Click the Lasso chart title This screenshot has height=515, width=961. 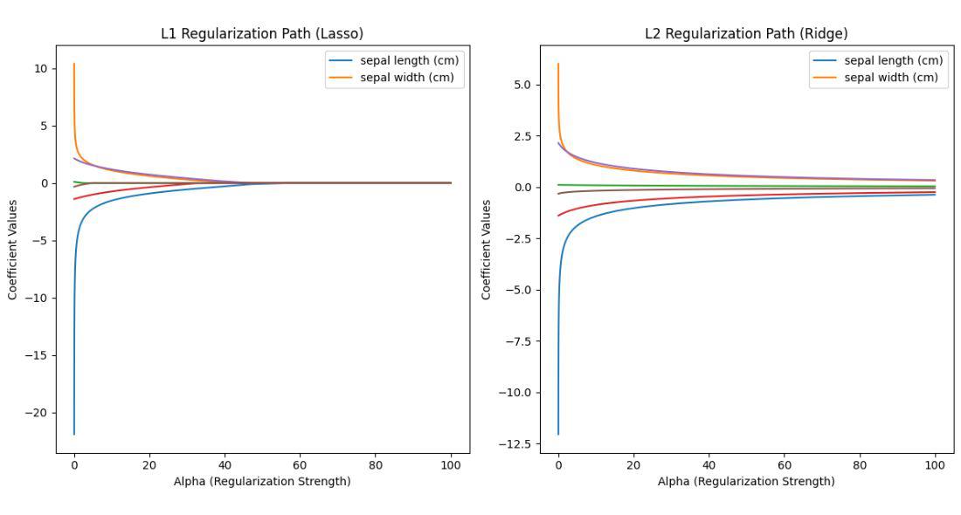tap(262, 34)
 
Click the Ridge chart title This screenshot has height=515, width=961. tap(746, 34)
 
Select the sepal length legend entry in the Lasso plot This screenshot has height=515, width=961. tap(409, 60)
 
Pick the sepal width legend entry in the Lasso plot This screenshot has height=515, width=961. tap(407, 77)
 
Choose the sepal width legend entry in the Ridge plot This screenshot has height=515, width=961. tap(891, 77)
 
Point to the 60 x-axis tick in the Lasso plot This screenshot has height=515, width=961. tap(301, 465)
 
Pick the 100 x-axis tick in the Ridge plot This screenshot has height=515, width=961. tap(935, 465)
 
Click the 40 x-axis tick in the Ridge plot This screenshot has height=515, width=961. tap(709, 465)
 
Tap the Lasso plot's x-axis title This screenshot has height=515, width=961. tap(262, 481)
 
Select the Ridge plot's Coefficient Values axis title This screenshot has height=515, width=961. tap(487, 250)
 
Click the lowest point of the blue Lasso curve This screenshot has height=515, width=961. tap(74, 434)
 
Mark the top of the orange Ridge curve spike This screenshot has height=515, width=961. tap(558, 64)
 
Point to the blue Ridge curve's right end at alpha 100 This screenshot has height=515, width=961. tap(935, 195)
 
